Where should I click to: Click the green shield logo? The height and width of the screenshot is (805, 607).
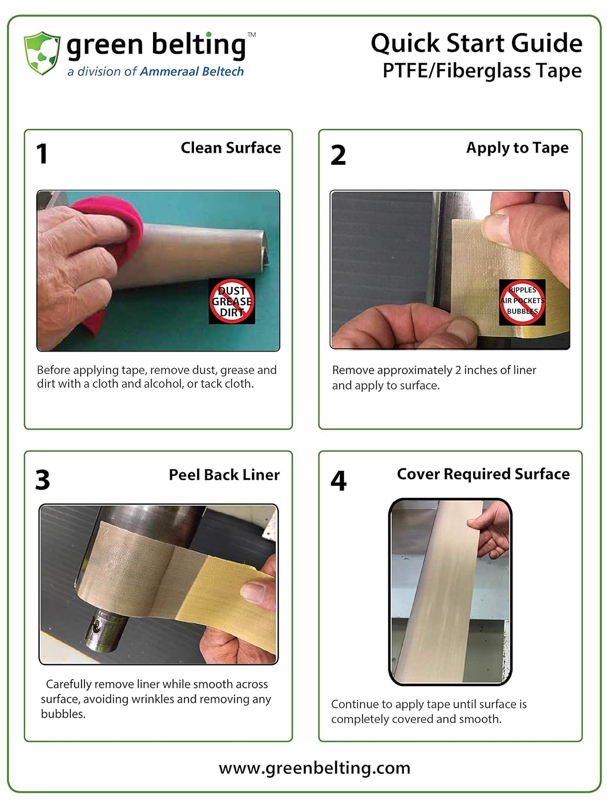[41, 53]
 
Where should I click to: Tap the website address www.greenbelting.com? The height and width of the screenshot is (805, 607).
[314, 767]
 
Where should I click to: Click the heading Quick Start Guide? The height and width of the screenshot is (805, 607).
[476, 44]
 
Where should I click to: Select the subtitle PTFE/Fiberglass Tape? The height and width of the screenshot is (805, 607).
[482, 71]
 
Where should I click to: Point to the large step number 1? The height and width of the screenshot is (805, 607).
[42, 153]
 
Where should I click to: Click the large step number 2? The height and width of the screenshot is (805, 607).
[338, 155]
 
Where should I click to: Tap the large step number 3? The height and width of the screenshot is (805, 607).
[42, 480]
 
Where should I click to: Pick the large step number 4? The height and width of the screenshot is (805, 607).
[338, 480]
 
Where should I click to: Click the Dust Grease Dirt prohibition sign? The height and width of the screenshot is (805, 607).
[232, 301]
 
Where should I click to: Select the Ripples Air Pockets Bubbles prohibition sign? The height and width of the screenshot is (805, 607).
[522, 302]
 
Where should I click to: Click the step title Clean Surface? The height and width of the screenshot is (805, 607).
[231, 148]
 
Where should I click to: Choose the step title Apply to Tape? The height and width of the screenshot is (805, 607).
[517, 148]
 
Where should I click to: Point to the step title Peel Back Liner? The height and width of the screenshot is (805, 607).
[224, 474]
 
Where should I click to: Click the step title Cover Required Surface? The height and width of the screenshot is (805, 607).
[483, 474]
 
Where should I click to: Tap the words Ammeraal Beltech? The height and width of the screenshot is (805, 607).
[192, 71]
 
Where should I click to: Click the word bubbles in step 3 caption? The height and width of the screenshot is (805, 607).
[63, 714]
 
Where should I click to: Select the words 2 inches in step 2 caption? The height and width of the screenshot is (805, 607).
[476, 370]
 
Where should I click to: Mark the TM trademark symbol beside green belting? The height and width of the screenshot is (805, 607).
[252, 35]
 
